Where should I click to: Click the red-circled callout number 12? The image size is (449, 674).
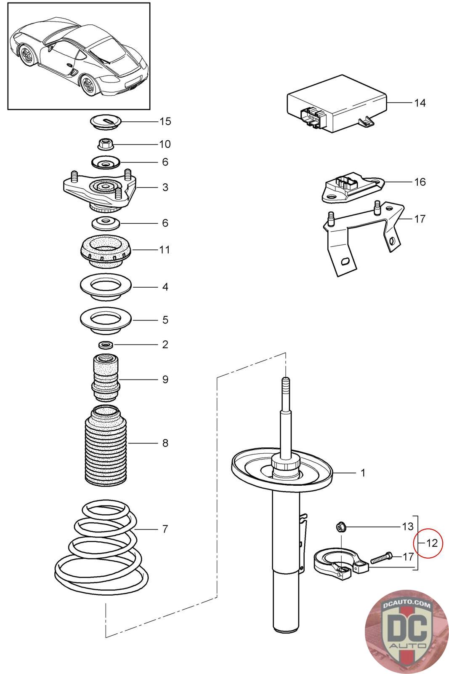pos(432,543)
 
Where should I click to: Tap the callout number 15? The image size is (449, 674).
pos(165,121)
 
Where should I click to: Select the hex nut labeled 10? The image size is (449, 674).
pos(105,144)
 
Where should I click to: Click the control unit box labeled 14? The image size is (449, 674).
pos(337,104)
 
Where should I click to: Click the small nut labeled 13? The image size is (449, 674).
pos(341,527)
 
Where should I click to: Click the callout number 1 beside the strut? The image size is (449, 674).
pos(363,473)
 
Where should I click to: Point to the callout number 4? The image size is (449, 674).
pos(165,287)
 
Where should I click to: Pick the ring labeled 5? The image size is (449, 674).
pos(106,320)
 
